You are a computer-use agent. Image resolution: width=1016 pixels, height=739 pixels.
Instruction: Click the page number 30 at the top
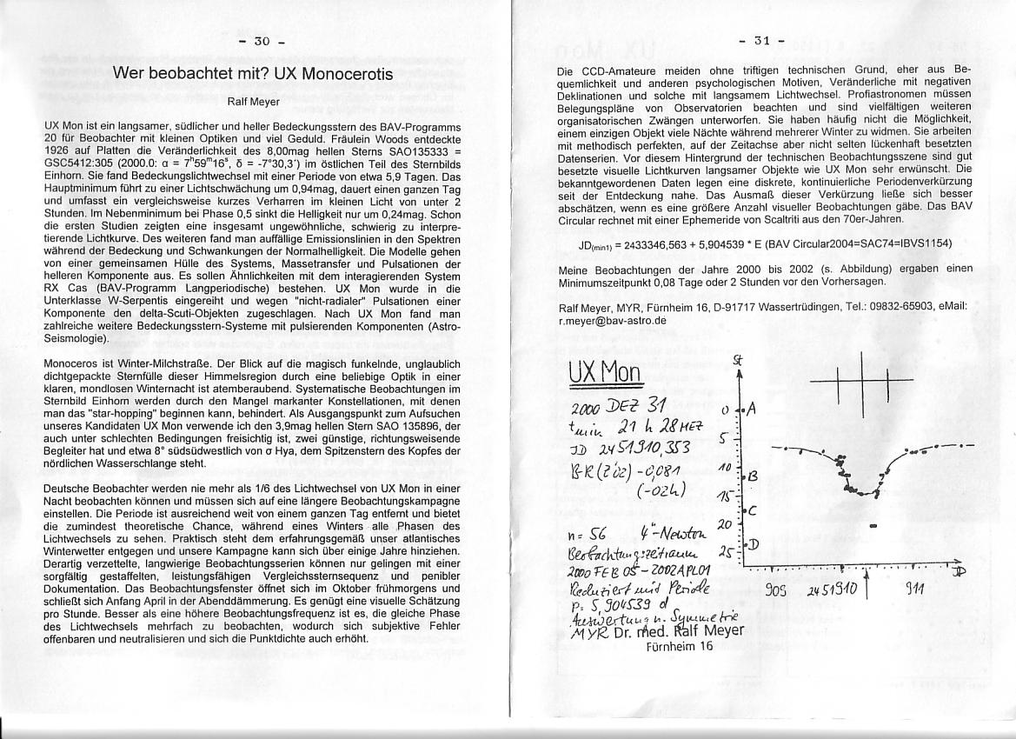click(262, 41)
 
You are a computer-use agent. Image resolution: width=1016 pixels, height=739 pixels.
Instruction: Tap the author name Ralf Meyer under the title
click(253, 102)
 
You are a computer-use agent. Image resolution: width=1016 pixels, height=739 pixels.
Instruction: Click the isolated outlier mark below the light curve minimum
click(872, 526)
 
